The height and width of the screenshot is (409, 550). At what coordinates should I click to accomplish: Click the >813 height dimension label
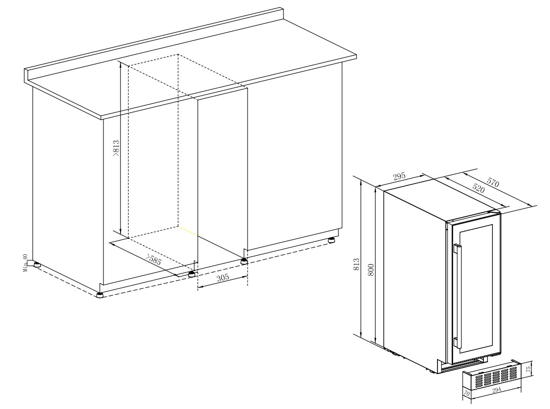pos(116,148)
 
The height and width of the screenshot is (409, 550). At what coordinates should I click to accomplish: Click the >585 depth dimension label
pos(153,259)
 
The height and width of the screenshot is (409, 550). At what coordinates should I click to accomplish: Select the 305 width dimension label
pos(223,278)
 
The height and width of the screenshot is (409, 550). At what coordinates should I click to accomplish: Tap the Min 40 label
pos(25,263)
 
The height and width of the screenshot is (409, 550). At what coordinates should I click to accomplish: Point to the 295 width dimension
pos(399,176)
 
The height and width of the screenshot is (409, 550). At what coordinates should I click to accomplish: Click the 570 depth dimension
pos(493,182)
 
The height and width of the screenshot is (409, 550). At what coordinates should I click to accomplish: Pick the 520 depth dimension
pos(478,189)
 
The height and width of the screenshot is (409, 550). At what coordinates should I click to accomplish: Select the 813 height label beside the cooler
pos(357,264)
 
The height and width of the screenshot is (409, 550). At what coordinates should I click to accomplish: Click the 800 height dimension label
pos(371,269)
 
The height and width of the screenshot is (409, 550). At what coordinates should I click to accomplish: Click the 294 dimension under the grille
pos(496,389)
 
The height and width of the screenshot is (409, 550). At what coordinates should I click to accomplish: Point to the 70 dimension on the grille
pos(466,393)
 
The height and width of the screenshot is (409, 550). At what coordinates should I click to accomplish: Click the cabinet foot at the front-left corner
pos(100,294)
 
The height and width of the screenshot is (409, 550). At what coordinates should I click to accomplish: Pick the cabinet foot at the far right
pos(331,241)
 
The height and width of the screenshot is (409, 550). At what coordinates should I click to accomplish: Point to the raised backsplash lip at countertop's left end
pos(26,76)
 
